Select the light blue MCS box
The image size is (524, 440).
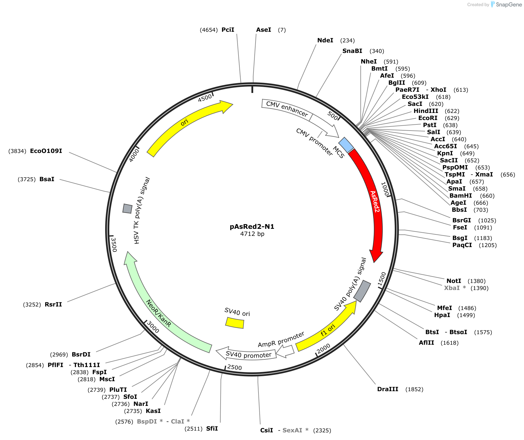(346, 145)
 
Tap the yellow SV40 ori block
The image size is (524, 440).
(235, 323)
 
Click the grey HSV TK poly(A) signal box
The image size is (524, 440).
(127, 209)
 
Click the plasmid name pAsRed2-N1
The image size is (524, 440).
(252, 226)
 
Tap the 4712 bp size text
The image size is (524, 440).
(252, 234)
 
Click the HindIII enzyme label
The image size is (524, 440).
(426, 111)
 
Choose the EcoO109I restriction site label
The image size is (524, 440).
(46, 151)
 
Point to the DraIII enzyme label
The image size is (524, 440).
(388, 389)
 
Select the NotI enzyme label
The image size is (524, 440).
(454, 281)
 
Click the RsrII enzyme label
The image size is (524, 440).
(53, 304)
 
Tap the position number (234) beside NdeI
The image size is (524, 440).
(347, 40)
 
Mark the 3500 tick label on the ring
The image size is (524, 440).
(114, 245)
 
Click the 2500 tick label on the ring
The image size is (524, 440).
(234, 367)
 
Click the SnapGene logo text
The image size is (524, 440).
(509, 4)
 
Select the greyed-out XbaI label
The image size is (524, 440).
(452, 288)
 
